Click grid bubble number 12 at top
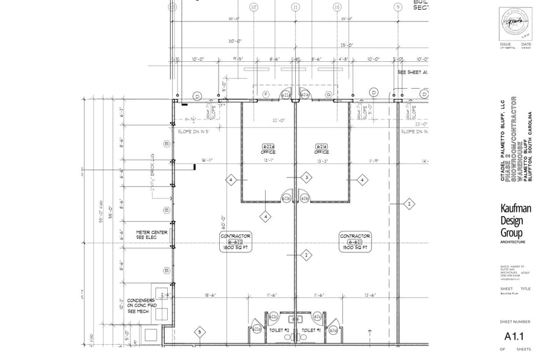coord(253,7)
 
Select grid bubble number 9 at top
coord(398,7)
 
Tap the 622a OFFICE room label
coord(268,149)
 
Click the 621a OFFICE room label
coord(321,149)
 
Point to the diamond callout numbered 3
coord(307,178)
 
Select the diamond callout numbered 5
coord(199,332)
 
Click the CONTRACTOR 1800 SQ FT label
coord(236,241)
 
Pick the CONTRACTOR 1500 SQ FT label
coord(355,241)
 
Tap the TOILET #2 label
coord(279,331)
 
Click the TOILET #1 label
coord(312,331)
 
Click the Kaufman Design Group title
coord(516,221)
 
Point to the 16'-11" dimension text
coord(206,160)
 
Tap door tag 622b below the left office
coord(287,198)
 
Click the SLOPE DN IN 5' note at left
coord(193,132)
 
